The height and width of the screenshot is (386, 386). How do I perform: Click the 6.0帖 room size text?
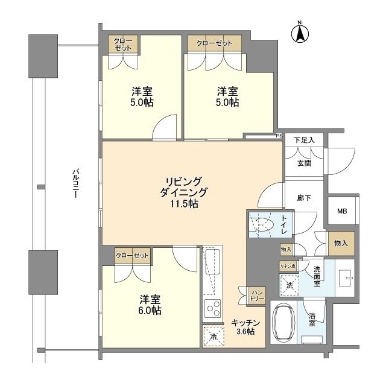pos(150,311)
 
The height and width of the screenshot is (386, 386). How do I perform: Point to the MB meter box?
pos(342,211)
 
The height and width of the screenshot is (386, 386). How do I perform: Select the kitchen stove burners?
pos(213,309)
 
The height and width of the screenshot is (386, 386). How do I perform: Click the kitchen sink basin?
pos(213,264)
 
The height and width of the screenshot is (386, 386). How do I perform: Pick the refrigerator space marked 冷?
pos(213,337)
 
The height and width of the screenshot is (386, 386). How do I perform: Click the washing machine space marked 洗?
pos(289,284)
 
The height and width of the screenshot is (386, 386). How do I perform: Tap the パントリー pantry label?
pos(256,294)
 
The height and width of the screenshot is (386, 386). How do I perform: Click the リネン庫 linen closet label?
pos(287,266)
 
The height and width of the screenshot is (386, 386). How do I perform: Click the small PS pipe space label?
pos(279,136)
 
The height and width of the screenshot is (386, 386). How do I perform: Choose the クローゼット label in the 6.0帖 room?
pos(132,256)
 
